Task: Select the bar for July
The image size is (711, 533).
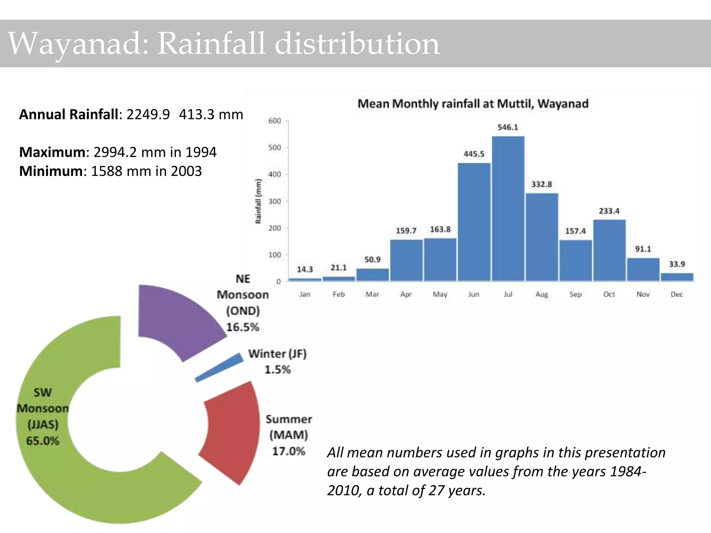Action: point(508,208)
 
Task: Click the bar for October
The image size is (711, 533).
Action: point(609,250)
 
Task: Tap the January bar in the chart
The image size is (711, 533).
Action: point(305,279)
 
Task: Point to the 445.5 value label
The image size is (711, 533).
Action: point(474,154)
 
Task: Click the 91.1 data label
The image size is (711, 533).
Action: point(643,249)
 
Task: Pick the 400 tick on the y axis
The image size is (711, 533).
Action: point(275,174)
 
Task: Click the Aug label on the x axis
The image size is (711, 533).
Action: point(542,294)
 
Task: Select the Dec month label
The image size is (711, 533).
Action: point(677,294)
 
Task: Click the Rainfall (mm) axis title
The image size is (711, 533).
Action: point(258,201)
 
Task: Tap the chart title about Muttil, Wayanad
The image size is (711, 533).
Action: point(473,103)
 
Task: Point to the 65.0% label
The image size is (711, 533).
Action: point(43,441)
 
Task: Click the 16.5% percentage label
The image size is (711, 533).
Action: point(243,327)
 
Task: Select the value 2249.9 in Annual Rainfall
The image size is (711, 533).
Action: point(148,114)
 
